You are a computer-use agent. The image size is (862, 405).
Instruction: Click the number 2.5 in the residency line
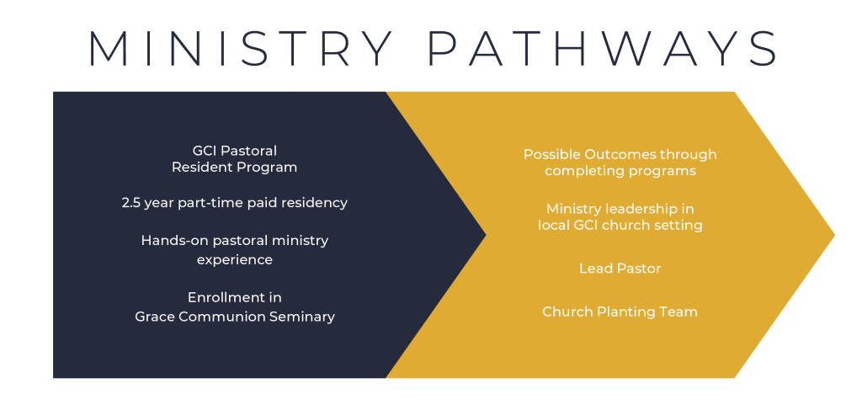tap(133, 203)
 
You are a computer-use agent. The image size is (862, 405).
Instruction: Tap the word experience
tap(235, 260)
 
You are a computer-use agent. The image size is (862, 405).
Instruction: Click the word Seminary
tap(301, 317)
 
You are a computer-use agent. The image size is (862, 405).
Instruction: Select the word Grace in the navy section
tap(155, 317)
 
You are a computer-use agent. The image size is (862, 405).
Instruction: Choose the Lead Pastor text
tap(620, 269)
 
